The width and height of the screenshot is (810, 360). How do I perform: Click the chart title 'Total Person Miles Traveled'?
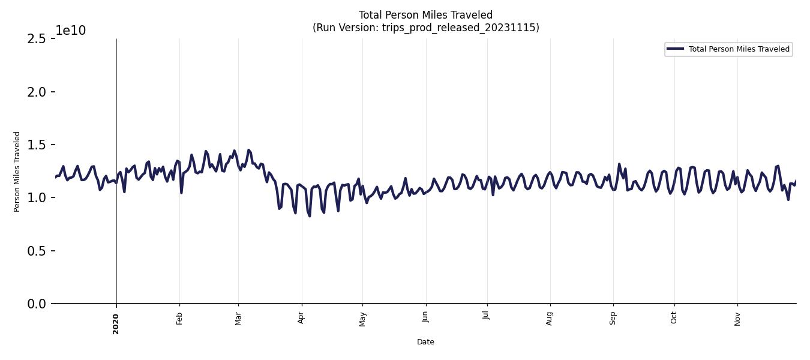(425, 15)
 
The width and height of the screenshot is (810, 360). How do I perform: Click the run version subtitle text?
(425, 28)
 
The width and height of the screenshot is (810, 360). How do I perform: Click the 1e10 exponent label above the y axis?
(71, 31)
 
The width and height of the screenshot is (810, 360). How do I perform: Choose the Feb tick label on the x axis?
(179, 317)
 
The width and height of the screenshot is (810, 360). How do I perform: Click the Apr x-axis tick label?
(301, 317)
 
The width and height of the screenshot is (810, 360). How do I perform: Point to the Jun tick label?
(425, 317)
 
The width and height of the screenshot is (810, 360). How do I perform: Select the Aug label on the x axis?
(550, 317)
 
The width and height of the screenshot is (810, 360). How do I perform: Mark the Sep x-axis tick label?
(613, 317)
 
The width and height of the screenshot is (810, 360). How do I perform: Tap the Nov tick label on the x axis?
(737, 317)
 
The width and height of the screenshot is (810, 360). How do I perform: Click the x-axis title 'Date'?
(425, 342)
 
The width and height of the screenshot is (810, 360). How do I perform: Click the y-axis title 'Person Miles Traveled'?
(17, 172)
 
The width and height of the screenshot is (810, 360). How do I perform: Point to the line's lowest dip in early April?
(310, 216)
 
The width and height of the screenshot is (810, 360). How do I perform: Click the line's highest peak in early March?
(248, 150)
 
